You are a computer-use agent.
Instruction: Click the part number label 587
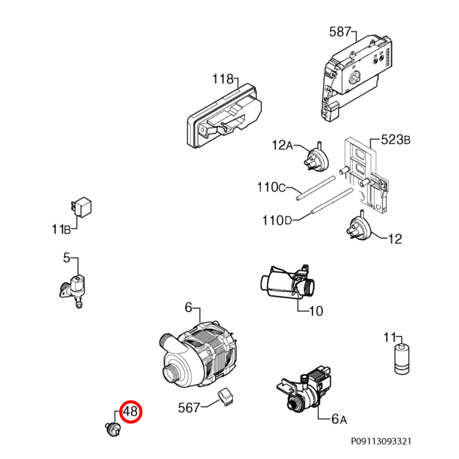(x=340, y=32)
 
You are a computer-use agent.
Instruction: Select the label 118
(x=223, y=79)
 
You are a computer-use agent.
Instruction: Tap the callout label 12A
(x=282, y=145)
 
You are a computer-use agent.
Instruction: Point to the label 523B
(x=395, y=140)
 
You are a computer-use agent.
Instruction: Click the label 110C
(x=271, y=187)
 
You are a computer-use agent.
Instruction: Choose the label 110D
(x=277, y=220)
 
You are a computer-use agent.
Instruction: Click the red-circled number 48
(x=131, y=412)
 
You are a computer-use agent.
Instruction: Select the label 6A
(x=339, y=419)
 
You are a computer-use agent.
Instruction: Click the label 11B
(x=61, y=229)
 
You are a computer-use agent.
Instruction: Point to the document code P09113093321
(x=381, y=441)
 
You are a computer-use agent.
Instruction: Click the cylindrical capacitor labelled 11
(x=402, y=359)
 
